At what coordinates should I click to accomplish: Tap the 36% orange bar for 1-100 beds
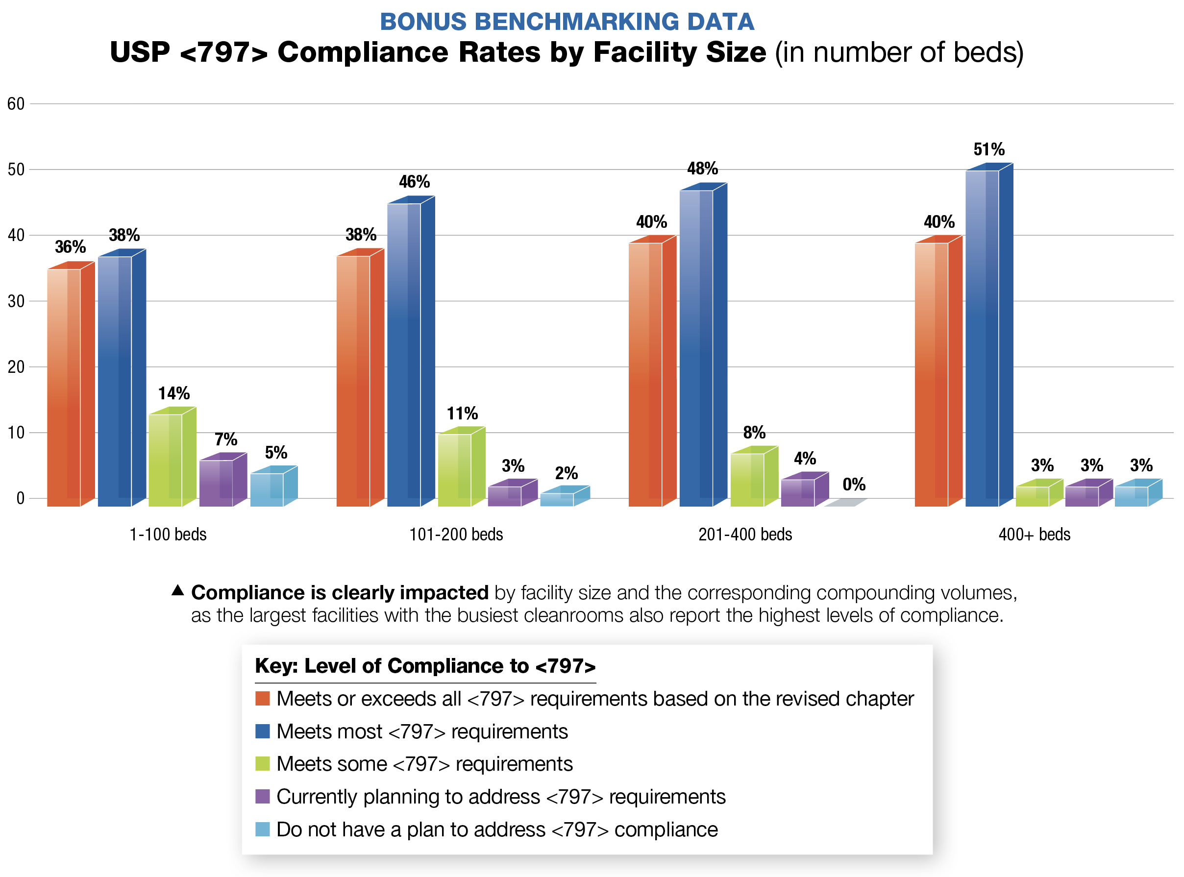[x=64, y=388]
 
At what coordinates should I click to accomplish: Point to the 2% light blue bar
[x=558, y=499]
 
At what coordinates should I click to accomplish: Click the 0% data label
[x=854, y=485]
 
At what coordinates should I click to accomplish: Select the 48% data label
[x=702, y=169]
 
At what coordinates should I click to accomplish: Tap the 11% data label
[x=462, y=414]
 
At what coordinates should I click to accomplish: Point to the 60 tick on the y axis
[x=16, y=104]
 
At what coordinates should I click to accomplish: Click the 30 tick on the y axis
[x=16, y=301]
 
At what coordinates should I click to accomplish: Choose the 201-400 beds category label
[x=745, y=535]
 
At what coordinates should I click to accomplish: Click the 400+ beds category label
[x=1034, y=535]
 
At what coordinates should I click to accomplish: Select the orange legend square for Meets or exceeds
[x=262, y=699]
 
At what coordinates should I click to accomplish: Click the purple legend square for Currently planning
[x=262, y=797]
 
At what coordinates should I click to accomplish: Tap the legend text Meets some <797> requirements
[x=424, y=764]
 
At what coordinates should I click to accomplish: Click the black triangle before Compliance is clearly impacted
[x=178, y=590]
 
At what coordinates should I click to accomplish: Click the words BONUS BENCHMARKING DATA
[x=567, y=22]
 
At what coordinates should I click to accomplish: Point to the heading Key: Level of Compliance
[x=425, y=666]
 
